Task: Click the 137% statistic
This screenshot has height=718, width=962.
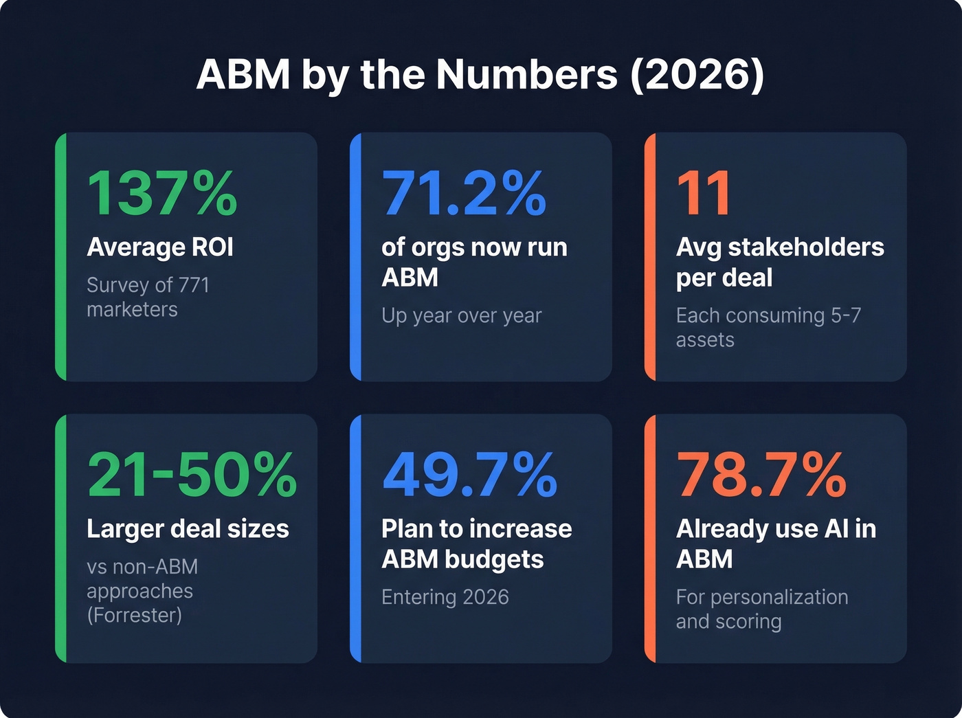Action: (162, 193)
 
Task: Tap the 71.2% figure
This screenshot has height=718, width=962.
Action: (464, 193)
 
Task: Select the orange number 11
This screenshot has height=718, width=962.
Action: (703, 193)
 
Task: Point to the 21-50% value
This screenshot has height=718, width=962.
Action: (192, 475)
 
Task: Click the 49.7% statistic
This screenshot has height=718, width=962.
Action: (469, 475)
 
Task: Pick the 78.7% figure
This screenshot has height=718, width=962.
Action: (761, 475)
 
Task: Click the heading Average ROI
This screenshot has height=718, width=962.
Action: (160, 247)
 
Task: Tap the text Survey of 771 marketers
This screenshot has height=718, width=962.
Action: (148, 297)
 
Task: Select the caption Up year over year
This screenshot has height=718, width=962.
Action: (461, 315)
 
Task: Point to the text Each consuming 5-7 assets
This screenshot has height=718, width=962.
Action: (768, 327)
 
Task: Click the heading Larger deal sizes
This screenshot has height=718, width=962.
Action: (188, 529)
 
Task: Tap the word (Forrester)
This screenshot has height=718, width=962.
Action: (134, 615)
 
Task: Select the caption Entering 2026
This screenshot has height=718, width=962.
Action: (445, 597)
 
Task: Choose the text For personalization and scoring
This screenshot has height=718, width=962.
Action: (761, 609)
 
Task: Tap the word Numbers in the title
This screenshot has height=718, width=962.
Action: (527, 74)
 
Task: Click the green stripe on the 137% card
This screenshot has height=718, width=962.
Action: (60, 257)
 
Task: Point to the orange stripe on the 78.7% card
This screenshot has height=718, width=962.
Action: (650, 539)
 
